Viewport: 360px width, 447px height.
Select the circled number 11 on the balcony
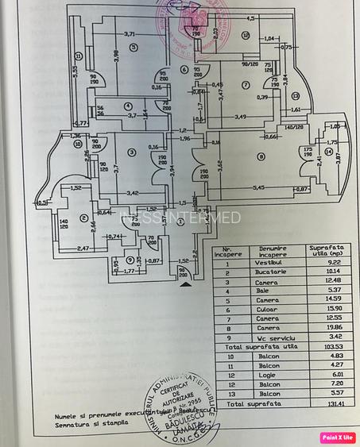[x=79, y=56]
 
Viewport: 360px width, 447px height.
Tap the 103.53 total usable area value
[x=323, y=346]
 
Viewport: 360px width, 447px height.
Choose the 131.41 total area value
[x=323, y=403]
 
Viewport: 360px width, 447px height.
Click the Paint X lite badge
[x=337, y=437]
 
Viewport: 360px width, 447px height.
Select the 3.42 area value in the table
[x=323, y=337]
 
